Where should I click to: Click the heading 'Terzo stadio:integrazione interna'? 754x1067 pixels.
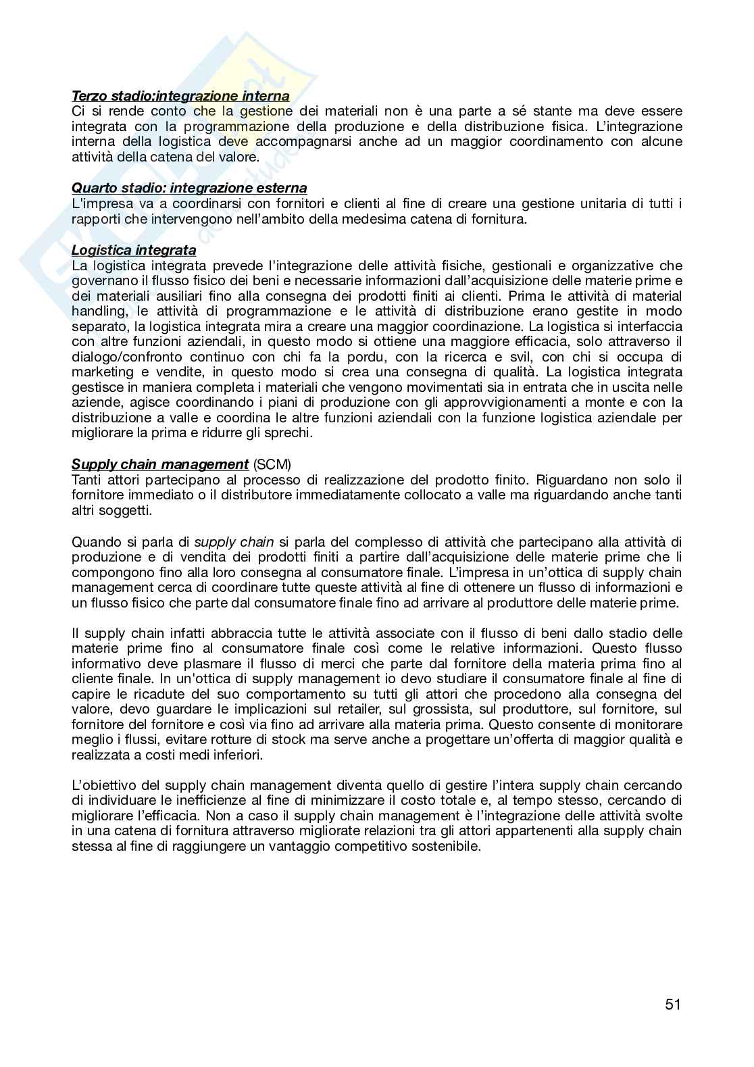click(180, 97)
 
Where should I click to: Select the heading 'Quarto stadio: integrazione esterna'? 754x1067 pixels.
click(189, 188)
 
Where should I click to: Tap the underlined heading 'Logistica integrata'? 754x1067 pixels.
click(134, 250)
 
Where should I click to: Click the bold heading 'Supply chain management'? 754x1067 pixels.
click(160, 464)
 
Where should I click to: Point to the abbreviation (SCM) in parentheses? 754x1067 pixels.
click(272, 464)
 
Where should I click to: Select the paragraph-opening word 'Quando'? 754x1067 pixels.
click(93, 541)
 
